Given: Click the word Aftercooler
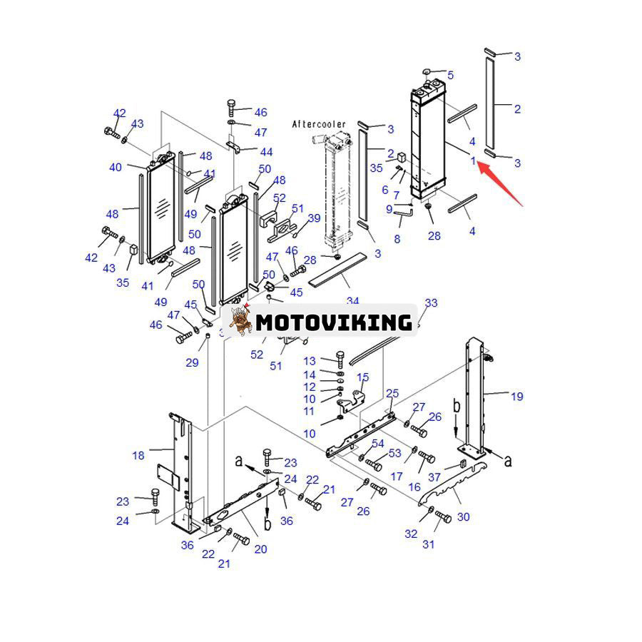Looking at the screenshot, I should (318, 124).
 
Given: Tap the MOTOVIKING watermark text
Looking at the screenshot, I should (334, 322).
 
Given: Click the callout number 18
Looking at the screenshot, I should (138, 455).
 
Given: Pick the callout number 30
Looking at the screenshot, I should (464, 516).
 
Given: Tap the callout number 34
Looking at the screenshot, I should (352, 301).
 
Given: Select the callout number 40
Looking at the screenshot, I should (116, 167).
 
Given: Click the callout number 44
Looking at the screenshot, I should (266, 152).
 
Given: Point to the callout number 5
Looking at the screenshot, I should (450, 75).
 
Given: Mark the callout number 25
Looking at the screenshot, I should (392, 393).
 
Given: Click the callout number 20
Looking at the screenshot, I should (260, 549).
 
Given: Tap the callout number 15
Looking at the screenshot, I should (362, 377).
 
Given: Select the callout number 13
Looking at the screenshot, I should (309, 361).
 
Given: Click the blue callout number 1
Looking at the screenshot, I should (473, 160).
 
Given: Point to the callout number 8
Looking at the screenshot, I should (397, 238).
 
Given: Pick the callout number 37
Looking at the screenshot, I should (434, 477).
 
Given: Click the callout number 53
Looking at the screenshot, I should (394, 454).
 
